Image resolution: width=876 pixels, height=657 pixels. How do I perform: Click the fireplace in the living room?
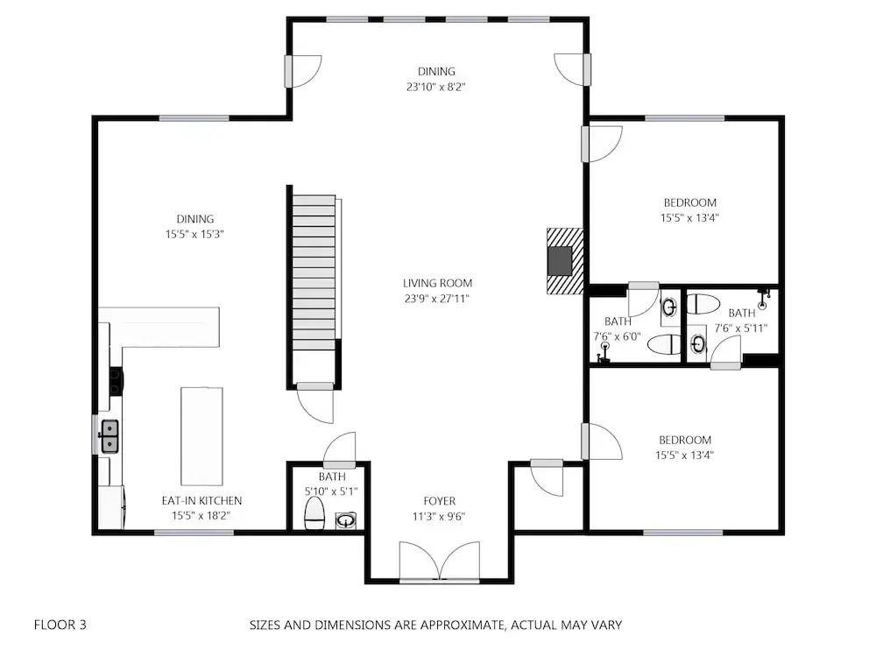565,260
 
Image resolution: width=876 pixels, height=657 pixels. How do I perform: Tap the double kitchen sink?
109,436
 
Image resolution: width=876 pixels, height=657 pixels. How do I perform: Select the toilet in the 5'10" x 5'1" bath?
315,513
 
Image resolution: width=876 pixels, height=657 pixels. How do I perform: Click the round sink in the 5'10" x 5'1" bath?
346,521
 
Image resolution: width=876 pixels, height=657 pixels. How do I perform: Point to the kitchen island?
201,436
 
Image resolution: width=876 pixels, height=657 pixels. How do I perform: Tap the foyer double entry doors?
440,562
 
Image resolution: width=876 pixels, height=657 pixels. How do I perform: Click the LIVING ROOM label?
437,283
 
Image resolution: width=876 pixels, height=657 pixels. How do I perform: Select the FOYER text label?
439,501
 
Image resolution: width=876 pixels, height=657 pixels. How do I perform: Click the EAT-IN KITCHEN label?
201,501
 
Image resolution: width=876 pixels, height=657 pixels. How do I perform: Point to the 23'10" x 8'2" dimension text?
436,87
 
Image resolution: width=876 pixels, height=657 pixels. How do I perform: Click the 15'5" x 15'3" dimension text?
194,235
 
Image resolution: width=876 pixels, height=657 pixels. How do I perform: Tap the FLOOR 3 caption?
60,625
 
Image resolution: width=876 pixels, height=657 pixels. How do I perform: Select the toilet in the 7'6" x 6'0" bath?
665,344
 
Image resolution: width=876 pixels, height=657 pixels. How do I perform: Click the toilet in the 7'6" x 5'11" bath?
703,305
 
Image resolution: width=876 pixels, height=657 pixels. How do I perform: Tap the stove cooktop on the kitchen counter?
116,381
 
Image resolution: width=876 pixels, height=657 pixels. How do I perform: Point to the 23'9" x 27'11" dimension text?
437,299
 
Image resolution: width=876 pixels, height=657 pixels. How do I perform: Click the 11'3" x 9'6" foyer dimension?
439,516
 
